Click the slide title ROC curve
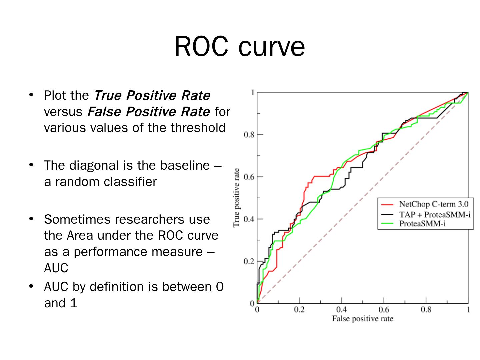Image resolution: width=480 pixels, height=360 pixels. (x=239, y=47)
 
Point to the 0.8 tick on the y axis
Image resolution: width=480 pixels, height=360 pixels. (x=249, y=135)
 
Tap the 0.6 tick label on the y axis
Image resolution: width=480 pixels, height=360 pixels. (x=249, y=177)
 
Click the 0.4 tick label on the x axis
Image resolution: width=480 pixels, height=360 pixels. (x=341, y=310)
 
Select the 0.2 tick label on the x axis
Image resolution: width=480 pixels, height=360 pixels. (x=299, y=310)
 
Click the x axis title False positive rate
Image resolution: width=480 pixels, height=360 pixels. (x=362, y=319)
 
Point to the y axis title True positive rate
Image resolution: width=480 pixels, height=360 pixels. (x=236, y=198)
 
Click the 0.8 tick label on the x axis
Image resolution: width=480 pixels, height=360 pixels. (x=426, y=310)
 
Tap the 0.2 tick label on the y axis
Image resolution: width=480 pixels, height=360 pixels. (x=249, y=261)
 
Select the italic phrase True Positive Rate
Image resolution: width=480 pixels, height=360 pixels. (x=152, y=96)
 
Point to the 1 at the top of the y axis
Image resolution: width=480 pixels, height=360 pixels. (x=252, y=92)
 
